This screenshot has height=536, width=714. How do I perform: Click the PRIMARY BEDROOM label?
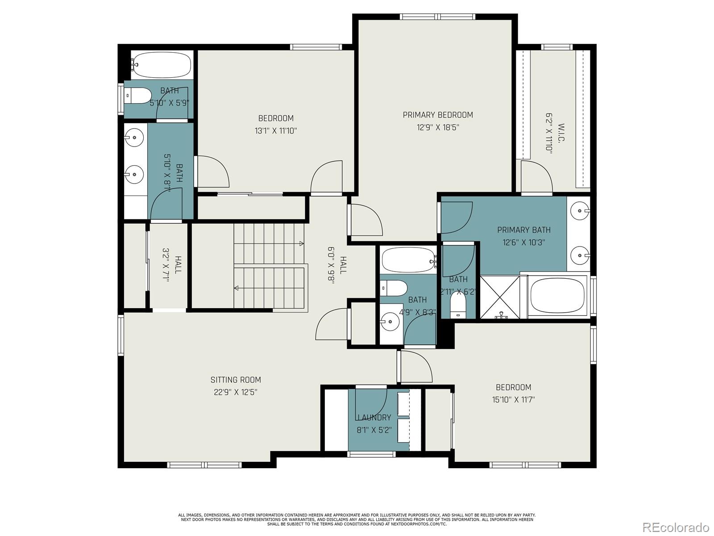(x=438, y=115)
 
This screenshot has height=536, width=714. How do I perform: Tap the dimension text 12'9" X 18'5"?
(x=438, y=127)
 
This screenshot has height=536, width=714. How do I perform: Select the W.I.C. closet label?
(x=561, y=133)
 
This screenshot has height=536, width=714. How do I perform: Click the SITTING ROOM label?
(x=236, y=380)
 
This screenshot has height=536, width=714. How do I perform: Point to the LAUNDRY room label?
(x=374, y=418)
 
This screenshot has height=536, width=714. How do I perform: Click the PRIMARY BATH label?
(x=523, y=230)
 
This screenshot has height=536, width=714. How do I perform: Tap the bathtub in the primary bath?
(x=557, y=296)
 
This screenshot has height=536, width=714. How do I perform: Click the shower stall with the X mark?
(x=500, y=297)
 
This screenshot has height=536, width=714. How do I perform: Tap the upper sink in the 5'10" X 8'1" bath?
(x=133, y=136)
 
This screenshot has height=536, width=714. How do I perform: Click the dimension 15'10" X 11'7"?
(x=513, y=400)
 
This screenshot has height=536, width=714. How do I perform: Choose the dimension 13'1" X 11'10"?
(x=276, y=131)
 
